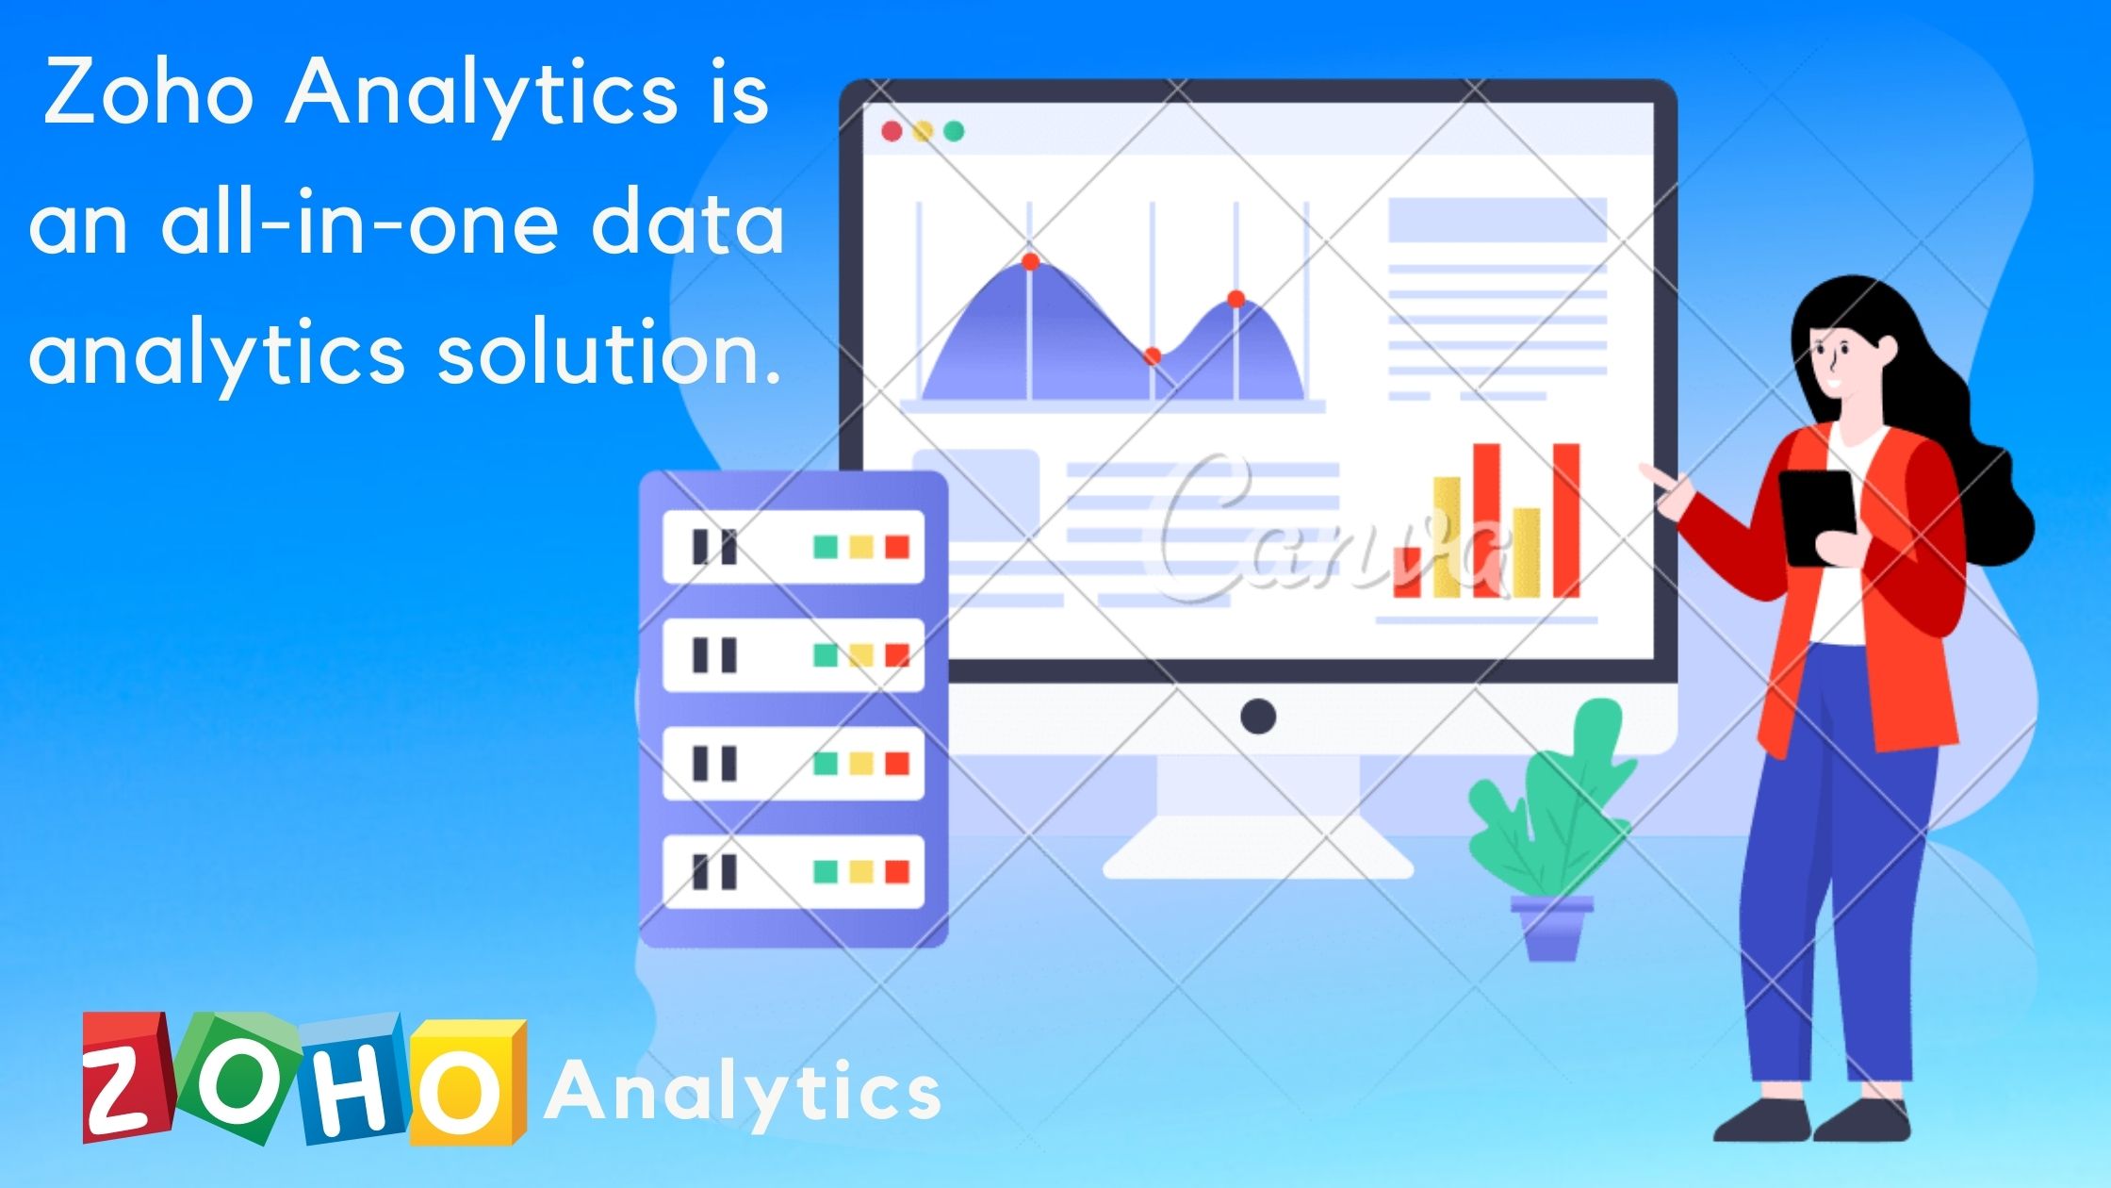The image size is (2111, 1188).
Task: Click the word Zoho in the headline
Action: (149, 91)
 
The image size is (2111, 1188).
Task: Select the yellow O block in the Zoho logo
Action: (468, 1082)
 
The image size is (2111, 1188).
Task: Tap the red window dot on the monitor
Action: (892, 131)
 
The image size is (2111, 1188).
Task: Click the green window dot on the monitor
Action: (954, 131)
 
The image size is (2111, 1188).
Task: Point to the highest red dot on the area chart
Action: (1030, 261)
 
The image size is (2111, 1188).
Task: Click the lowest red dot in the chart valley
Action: (1152, 356)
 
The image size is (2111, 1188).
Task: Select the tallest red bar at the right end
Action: (1566, 520)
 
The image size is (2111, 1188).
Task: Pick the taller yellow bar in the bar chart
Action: (1447, 537)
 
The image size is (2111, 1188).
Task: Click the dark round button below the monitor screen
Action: (1258, 717)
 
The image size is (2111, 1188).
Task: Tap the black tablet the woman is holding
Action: (1816, 516)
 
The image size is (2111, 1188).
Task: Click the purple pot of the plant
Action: (1552, 928)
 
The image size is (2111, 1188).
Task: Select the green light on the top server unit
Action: (826, 547)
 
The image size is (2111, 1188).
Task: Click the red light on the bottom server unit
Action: (897, 872)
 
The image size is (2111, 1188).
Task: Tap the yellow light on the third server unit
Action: (861, 764)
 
